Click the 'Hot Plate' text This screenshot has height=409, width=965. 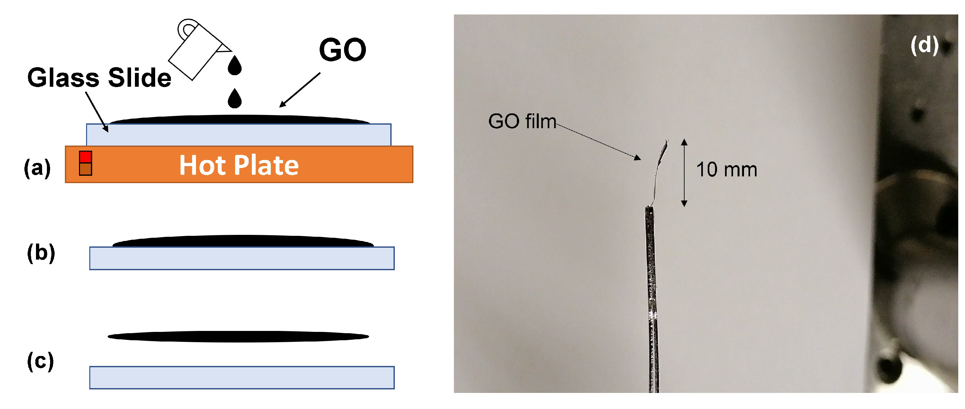[x=239, y=165]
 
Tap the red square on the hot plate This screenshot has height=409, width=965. [x=85, y=157]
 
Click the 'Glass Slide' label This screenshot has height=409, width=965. [x=99, y=78]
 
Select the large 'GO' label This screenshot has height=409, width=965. [x=342, y=50]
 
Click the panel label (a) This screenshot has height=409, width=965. [x=37, y=168]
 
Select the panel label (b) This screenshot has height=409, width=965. [x=41, y=253]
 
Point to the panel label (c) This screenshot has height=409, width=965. [x=40, y=362]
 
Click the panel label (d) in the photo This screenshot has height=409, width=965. [x=925, y=45]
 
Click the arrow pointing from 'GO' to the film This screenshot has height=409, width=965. [x=300, y=90]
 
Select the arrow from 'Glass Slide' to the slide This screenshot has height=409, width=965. [x=97, y=111]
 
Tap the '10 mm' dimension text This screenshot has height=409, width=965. [x=726, y=170]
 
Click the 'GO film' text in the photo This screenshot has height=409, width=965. [x=522, y=122]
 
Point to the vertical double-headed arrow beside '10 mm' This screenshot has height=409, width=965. [x=684, y=173]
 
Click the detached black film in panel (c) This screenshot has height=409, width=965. [x=238, y=336]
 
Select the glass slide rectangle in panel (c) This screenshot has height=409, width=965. [x=242, y=378]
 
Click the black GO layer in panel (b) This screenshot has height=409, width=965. [x=243, y=241]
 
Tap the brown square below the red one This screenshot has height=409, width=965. [x=85, y=169]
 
